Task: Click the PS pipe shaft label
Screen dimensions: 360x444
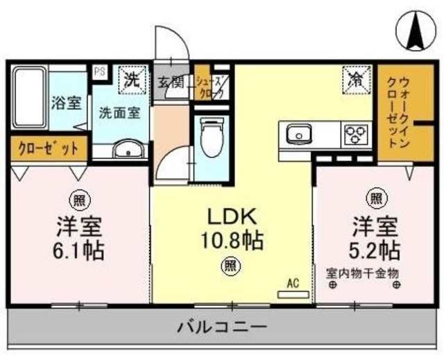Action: pyautogui.click(x=99, y=71)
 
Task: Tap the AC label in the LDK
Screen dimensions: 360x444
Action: pyautogui.click(x=292, y=283)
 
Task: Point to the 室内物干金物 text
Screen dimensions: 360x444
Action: pyautogui.click(x=363, y=272)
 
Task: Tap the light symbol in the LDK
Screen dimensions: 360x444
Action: pyautogui.click(x=229, y=264)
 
